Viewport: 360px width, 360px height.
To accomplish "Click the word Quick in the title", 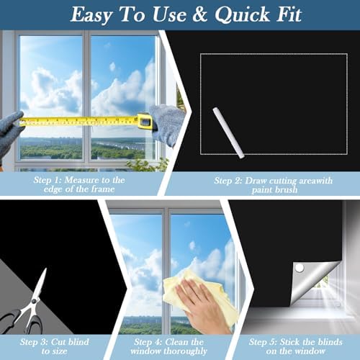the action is (x=242, y=15).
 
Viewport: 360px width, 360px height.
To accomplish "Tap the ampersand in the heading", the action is (x=200, y=14).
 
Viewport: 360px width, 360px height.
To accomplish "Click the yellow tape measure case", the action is (x=145, y=121).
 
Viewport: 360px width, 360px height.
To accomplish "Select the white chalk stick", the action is (x=229, y=132).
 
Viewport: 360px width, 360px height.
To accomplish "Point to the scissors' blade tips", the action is (x=45, y=269).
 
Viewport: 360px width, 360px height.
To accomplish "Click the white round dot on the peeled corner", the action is (x=299, y=268).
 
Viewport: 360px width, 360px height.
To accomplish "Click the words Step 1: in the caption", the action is (x=48, y=180).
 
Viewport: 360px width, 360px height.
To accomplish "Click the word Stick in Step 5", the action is (x=290, y=342).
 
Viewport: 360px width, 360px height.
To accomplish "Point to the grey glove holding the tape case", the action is (x=166, y=124).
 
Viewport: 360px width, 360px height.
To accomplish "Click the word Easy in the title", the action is (x=91, y=16).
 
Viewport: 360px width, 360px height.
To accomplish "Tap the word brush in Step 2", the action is (x=286, y=190).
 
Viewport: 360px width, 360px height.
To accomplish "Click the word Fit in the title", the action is (x=289, y=15).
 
